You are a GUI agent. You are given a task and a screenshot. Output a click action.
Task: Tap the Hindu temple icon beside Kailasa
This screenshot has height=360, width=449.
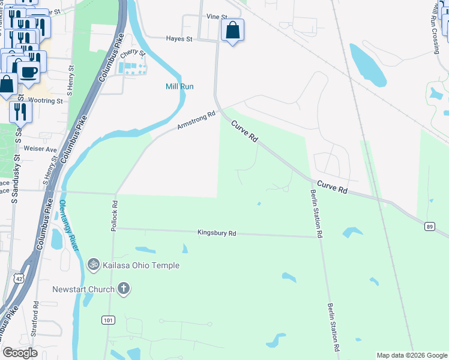tap(93, 264)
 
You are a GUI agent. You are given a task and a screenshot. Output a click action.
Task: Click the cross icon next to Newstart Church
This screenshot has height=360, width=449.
tap(124, 290)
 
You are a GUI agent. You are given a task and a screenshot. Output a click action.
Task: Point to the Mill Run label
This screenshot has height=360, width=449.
tap(179, 86)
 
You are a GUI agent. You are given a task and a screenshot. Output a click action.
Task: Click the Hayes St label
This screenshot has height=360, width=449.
tap(179, 39)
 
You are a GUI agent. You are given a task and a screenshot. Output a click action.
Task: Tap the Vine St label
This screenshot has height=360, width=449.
tap(217, 17)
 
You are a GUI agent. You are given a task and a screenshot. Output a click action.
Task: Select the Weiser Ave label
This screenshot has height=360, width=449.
tap(40, 149)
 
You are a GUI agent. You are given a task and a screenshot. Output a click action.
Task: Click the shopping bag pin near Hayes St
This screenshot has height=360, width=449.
tap(232, 31)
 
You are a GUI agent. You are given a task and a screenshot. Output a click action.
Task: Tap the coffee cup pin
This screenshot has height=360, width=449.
tap(28, 72)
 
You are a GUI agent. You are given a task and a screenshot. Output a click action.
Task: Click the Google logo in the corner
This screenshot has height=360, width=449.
tap(20, 353)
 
